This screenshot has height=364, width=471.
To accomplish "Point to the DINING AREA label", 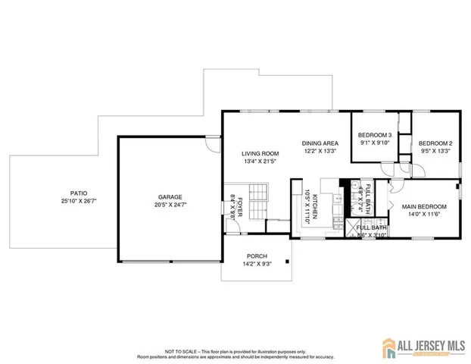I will tap(320, 143).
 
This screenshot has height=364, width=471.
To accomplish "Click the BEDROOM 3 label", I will tap(374, 134).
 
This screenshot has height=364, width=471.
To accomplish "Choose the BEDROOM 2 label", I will tap(435, 143).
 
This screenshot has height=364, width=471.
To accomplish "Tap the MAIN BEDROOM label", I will tap(424, 206).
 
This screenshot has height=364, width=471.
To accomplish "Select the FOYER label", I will tap(240, 202).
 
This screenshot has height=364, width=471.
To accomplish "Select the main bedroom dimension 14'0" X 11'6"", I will tap(424, 215).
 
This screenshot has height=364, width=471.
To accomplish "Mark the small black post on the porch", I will tap(287, 262).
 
